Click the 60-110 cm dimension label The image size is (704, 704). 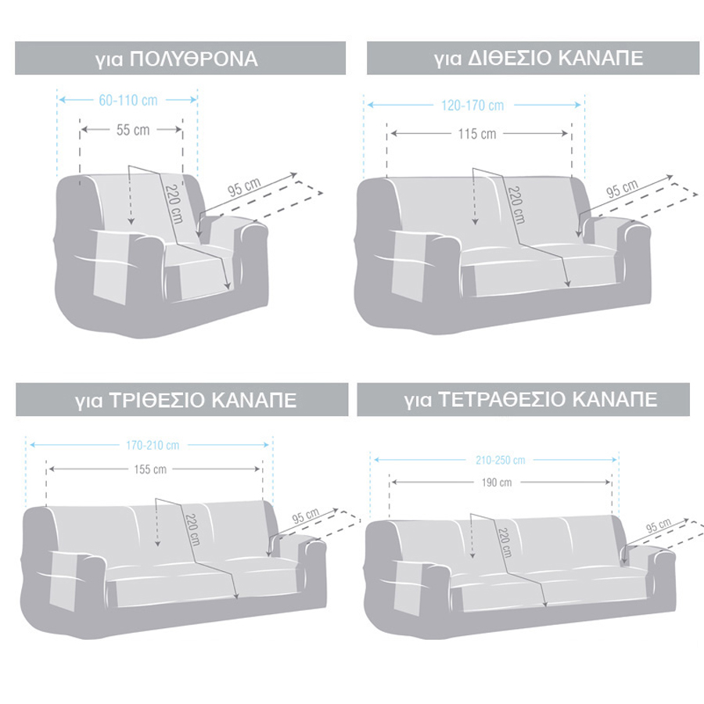pos(129,100)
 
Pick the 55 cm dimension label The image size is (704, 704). pos(132,130)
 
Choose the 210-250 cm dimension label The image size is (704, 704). pos(498,460)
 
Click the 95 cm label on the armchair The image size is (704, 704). pos(244,189)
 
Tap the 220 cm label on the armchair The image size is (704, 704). pos(171,201)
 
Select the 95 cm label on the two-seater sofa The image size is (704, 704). pos(623,189)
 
